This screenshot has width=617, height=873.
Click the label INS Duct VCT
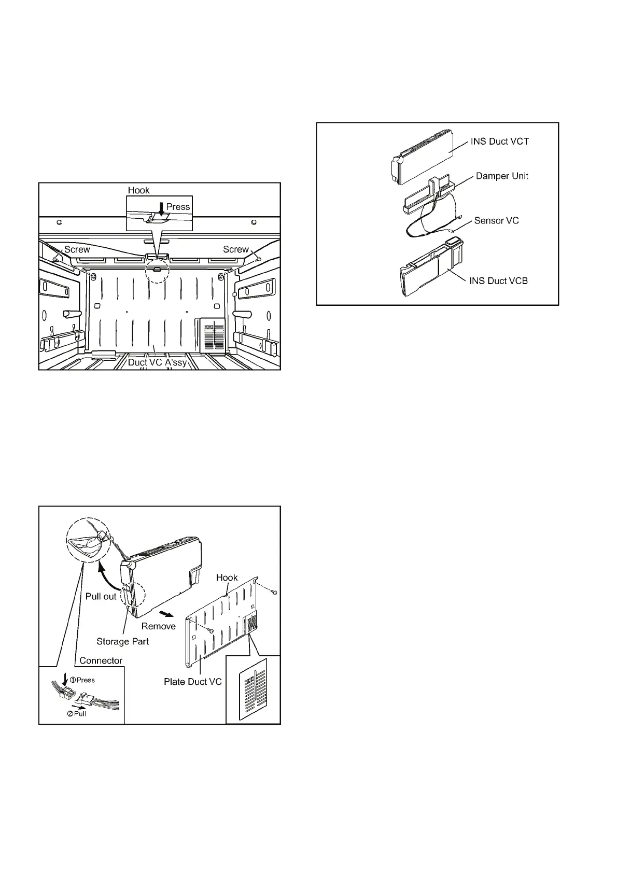(499, 142)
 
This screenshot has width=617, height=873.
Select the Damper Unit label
(502, 176)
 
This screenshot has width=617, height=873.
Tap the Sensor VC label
(496, 221)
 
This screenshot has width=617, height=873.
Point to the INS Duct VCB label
(498, 281)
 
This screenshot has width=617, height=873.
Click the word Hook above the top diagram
(138, 190)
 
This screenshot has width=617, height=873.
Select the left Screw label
(77, 250)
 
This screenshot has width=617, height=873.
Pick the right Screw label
(235, 250)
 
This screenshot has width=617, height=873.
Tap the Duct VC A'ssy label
(157, 362)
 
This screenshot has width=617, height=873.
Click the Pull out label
(101, 597)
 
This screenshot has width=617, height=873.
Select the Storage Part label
(122, 642)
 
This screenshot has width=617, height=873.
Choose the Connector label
(101, 661)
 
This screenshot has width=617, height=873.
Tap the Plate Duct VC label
(192, 682)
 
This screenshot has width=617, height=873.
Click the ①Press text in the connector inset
(82, 680)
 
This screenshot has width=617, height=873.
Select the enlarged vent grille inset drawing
(253, 689)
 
